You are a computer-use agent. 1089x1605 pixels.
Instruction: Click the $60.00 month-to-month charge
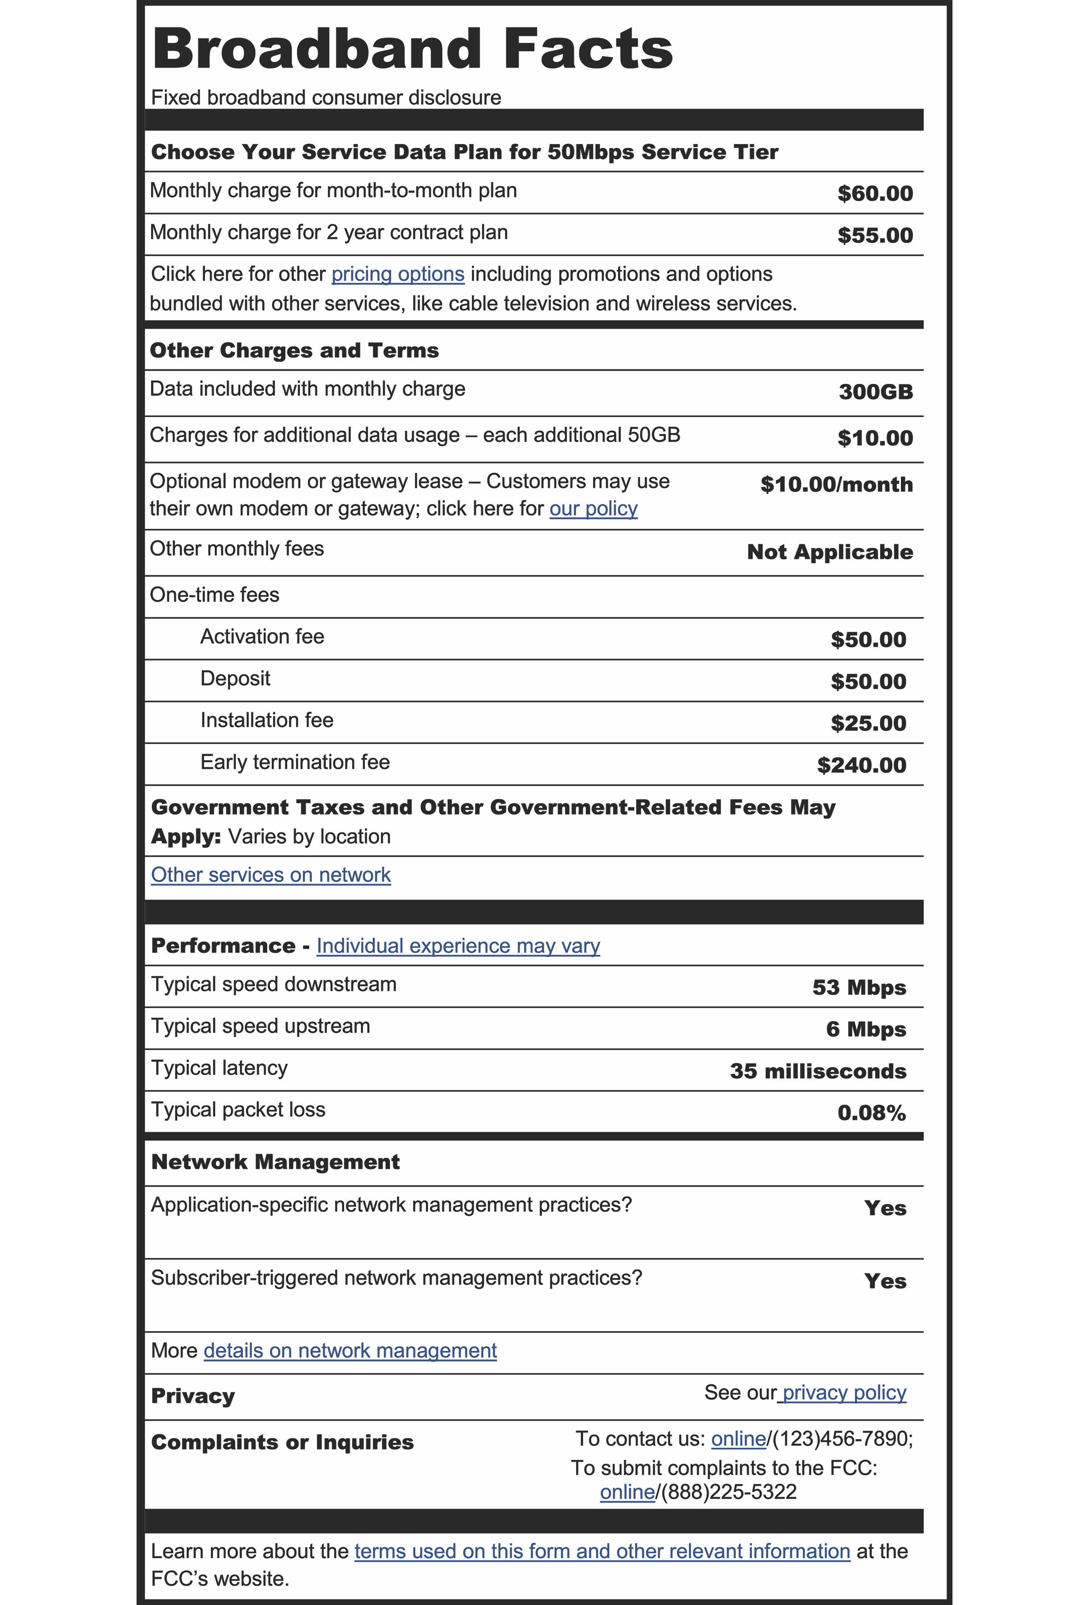pos(874,194)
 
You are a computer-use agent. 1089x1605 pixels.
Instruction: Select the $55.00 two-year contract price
pos(874,235)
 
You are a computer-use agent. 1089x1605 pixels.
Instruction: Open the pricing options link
pos(398,274)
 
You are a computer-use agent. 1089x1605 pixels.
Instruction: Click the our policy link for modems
pos(593,509)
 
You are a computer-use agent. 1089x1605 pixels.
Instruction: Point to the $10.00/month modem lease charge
pos(836,485)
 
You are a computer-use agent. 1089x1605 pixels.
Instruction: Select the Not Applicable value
pos(829,553)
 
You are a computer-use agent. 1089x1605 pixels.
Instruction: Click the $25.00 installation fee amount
pos(868,724)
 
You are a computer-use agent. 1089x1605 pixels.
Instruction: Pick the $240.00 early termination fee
pos(861,765)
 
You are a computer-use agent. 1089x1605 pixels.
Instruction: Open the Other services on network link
pos(271,875)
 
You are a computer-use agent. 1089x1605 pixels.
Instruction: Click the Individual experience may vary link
pos(458,946)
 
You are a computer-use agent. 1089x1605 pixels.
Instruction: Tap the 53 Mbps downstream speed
pos(858,987)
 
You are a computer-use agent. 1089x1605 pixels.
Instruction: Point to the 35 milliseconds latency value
pos(818,1071)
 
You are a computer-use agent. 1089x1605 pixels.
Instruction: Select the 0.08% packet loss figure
pos(871,1113)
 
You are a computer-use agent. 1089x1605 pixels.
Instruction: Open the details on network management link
pos(350,1351)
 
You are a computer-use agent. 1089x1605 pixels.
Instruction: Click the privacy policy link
pos(843,1393)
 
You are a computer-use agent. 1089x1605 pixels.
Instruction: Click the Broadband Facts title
pos(412,50)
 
